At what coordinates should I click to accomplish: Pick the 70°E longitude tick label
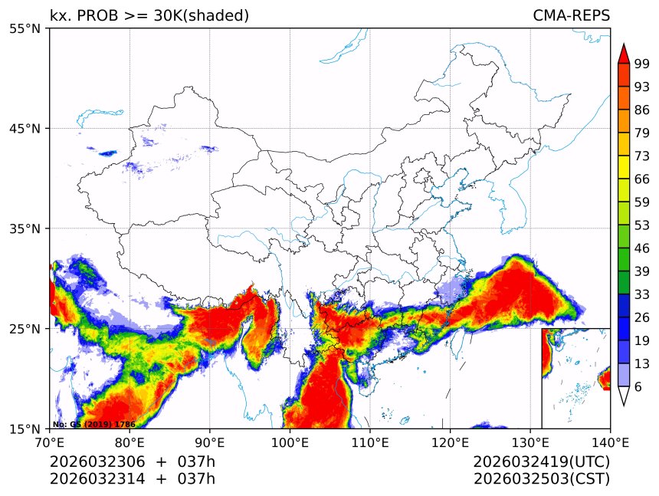[50, 442]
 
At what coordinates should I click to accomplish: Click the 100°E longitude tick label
[290, 442]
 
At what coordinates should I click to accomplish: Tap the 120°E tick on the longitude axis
[450, 442]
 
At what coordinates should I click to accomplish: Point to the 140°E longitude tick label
[610, 442]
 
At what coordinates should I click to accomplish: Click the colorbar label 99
[642, 64]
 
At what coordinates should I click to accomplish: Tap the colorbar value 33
[642, 294]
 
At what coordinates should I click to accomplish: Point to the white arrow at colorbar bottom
[624, 396]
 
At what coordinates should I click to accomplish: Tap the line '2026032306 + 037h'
[133, 462]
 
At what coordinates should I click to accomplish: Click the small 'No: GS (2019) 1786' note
[93, 424]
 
